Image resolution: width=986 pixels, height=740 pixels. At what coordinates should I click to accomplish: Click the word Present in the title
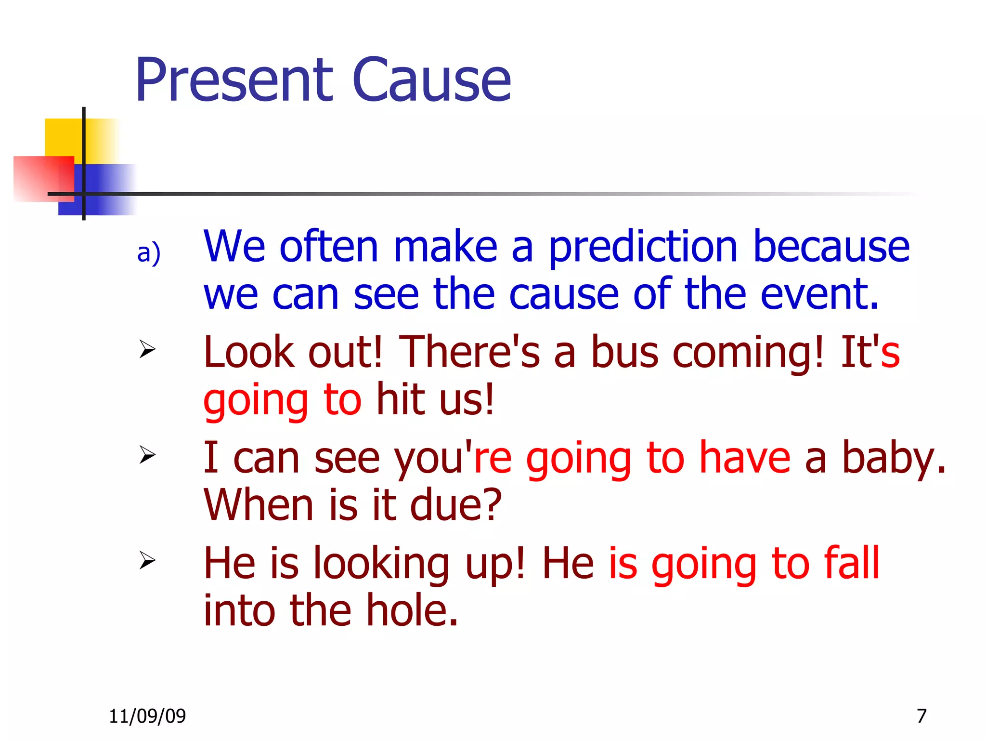click(x=234, y=80)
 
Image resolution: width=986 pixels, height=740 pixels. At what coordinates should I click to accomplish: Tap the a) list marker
click(x=148, y=253)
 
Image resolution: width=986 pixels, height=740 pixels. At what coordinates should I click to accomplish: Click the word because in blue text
click(x=831, y=247)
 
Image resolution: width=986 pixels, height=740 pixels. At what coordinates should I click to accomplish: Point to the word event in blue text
click(x=819, y=294)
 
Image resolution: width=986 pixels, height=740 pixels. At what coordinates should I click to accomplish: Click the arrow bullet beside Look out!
click(x=147, y=349)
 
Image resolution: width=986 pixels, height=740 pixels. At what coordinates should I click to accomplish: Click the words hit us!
click(x=435, y=399)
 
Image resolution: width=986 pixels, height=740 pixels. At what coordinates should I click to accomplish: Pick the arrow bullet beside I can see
click(x=147, y=455)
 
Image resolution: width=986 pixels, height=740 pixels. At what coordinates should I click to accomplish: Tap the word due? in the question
click(x=455, y=505)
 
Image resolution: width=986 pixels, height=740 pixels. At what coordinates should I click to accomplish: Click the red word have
click(x=744, y=458)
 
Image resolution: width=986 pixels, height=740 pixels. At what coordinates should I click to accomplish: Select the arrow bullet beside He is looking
click(x=147, y=560)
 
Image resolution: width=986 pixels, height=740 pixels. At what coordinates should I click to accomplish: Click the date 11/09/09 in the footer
click(x=147, y=716)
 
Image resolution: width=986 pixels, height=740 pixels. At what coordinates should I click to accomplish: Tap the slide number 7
click(x=921, y=716)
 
